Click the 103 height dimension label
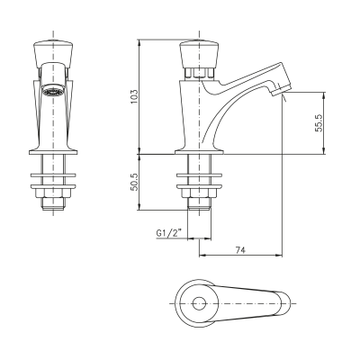(134, 97)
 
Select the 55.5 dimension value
(319, 123)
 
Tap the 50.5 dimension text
(134, 182)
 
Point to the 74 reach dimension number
(240, 250)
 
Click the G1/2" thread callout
(169, 233)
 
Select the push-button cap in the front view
(53, 54)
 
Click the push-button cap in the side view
(199, 54)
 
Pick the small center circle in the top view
(199, 303)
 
